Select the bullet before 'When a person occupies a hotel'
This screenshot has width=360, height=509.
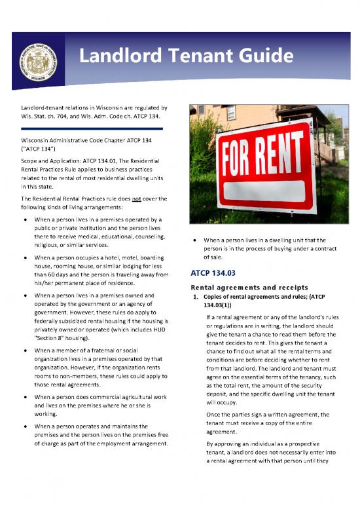tap(24, 258)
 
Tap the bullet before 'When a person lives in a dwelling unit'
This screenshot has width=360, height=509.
tap(196, 240)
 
